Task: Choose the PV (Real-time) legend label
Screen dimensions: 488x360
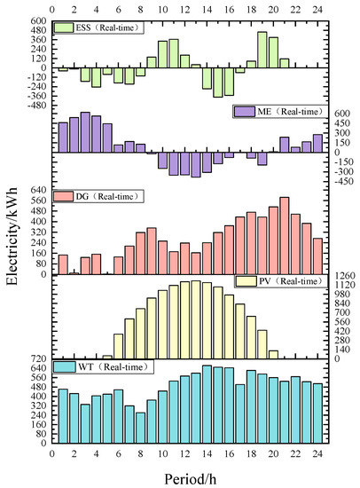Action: click(x=286, y=281)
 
